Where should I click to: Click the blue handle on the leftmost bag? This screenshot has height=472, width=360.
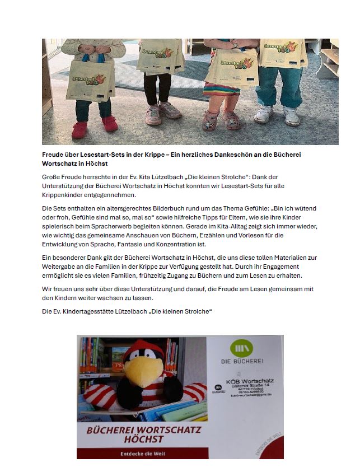pos(98,55)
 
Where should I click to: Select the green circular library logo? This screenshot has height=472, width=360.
pos(242,348)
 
